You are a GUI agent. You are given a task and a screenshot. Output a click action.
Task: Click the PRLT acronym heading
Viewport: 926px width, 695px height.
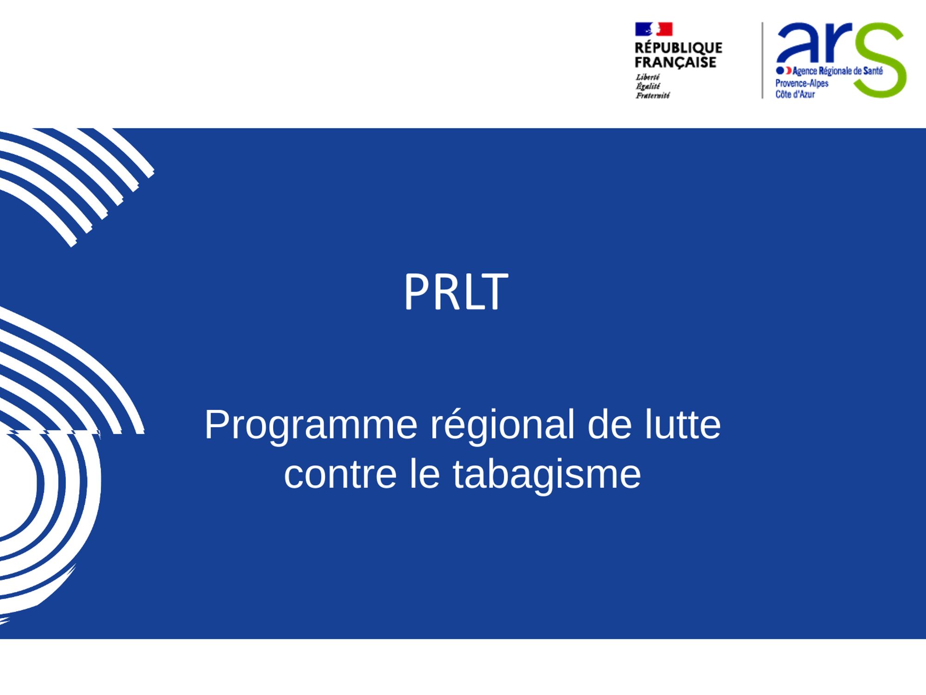(456, 291)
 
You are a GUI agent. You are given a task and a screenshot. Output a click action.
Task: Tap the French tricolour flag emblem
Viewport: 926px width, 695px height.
(653, 29)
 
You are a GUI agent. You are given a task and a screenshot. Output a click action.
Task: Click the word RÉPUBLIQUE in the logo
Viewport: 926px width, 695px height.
(678, 47)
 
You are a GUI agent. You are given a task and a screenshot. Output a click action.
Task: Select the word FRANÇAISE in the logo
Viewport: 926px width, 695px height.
(676, 62)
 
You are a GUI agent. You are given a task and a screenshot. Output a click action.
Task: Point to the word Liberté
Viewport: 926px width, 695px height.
(647, 77)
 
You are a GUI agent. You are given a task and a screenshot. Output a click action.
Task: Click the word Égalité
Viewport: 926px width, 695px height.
(648, 86)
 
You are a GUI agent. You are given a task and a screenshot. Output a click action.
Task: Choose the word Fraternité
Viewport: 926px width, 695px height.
(652, 95)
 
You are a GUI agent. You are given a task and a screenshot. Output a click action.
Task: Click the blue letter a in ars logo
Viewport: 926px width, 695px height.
(797, 43)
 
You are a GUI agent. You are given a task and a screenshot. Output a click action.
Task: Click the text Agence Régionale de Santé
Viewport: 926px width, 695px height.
(838, 71)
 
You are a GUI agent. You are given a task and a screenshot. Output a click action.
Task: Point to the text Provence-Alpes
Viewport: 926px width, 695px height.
(802, 83)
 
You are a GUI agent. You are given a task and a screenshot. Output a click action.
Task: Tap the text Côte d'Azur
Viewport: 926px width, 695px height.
(795, 94)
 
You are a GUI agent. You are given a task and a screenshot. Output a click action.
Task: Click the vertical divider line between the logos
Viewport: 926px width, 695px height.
(763, 60)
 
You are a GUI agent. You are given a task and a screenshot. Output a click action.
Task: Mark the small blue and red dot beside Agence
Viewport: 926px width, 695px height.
(783, 70)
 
